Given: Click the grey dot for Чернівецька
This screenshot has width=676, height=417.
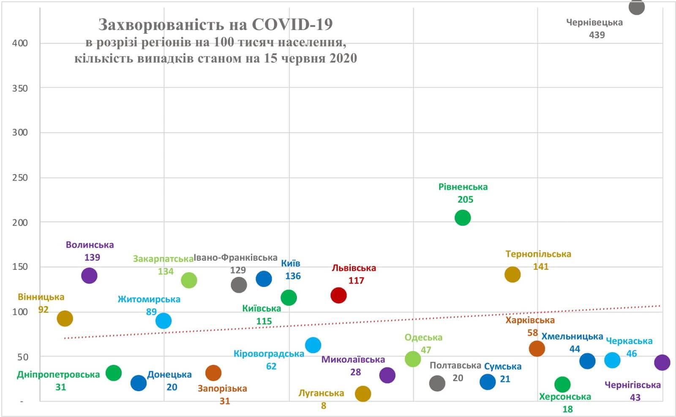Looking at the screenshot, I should point(636,7).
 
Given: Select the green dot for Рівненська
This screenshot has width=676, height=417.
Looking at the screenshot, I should point(463,218).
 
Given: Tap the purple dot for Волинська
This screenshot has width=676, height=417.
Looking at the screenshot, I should point(89,276).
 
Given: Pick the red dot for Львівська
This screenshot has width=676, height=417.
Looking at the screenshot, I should point(338,295).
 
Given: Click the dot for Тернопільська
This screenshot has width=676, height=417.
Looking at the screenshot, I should point(512,274).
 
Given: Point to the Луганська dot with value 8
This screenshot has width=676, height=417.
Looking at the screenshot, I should point(363,393).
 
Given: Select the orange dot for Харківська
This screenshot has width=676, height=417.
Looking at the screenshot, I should point(537,348).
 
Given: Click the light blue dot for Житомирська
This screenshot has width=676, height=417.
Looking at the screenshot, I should point(164,321).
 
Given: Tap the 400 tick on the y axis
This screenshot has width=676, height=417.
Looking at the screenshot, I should point(20,43).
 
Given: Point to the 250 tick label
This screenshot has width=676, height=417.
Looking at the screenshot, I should point(20,178).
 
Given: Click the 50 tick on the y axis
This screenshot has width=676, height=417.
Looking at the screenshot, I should point(22,357).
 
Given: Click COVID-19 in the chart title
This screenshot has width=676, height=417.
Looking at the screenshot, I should point(292,24).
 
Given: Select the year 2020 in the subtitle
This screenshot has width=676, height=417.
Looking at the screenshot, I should point(343,58).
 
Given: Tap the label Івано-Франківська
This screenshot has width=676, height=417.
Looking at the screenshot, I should point(235,257).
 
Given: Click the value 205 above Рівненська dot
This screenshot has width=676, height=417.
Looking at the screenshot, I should point(465,199).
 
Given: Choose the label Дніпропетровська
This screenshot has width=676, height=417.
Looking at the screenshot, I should point(58,374).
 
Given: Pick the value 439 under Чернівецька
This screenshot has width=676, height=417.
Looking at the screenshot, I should point(597,35).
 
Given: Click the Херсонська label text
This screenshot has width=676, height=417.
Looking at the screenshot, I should point(565,397).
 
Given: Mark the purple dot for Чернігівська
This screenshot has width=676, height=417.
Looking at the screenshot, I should point(662,362).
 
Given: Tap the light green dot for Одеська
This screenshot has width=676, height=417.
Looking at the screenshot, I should point(413,359).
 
